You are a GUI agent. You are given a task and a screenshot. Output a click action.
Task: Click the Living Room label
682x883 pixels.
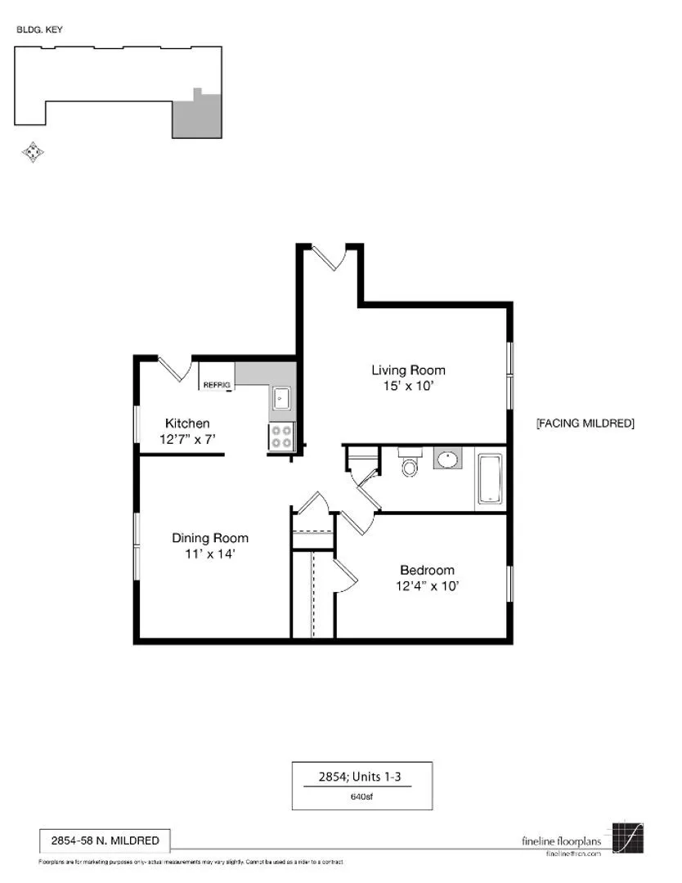pos(408,370)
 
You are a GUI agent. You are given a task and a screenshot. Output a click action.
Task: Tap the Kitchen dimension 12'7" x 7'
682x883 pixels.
pos(187,439)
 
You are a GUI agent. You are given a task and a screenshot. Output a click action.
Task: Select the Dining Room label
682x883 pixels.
pos(209,538)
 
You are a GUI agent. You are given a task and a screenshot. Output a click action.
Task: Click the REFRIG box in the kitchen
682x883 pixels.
pos(217,384)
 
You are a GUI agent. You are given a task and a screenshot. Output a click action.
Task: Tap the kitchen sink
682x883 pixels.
pos(281,398)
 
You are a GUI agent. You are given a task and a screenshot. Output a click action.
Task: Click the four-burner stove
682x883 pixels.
pos(282,437)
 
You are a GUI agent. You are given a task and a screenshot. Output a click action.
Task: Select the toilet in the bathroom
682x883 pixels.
pos(409,464)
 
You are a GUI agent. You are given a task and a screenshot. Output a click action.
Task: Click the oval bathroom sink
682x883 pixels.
pos(446,459)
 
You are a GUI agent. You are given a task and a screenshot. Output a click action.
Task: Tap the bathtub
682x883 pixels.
pos(490,478)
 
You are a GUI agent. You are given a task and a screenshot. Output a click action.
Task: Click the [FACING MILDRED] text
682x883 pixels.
pos(585,424)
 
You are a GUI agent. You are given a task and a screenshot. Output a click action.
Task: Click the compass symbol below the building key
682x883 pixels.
pos(32,151)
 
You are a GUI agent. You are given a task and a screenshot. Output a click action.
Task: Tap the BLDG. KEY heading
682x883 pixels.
pos(39,29)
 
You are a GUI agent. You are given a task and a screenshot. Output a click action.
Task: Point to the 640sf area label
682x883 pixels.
pos(361,796)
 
